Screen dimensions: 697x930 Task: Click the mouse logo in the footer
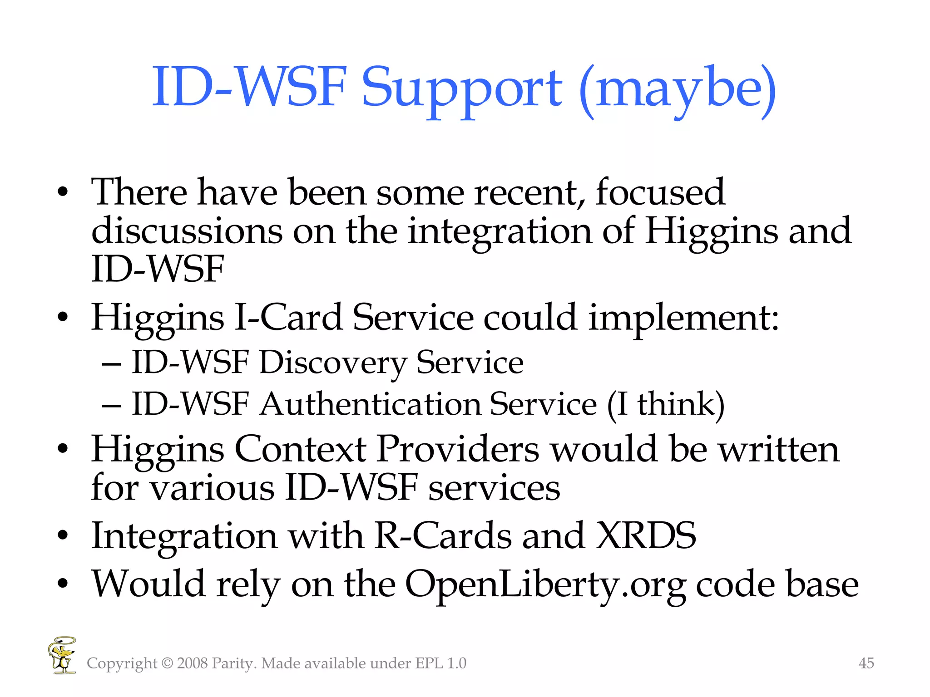tap(62, 655)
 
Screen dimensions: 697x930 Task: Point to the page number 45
tap(866, 663)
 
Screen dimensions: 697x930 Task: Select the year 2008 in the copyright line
tap(192, 663)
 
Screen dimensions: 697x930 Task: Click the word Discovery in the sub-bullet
tap(333, 363)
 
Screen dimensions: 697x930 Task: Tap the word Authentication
tap(370, 404)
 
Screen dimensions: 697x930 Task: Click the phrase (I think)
tap(666, 404)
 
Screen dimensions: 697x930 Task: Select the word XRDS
tap(646, 536)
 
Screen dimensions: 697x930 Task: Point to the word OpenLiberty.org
tap(545, 584)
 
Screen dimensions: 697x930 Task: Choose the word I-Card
tap(288, 317)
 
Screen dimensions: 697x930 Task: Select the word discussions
tap(186, 231)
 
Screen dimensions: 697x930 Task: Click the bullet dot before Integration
tap(63, 536)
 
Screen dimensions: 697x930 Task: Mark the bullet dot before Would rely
tap(63, 584)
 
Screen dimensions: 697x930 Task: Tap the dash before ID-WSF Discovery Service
tap(111, 364)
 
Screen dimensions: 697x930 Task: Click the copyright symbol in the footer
tap(167, 663)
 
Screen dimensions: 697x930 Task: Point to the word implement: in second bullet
tap(683, 317)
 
